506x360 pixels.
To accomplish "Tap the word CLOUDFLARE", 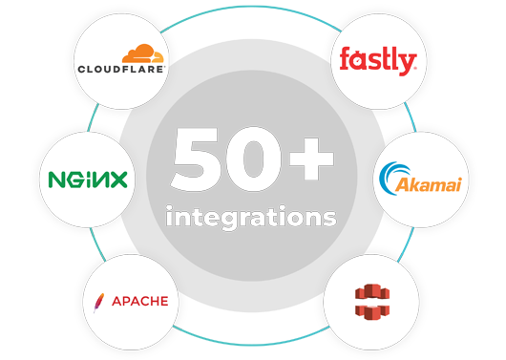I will point(121,69).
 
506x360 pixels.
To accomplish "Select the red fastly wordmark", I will point(378,62).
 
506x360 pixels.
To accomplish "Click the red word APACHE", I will point(139,302).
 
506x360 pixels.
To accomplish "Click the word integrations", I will point(251,216).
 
